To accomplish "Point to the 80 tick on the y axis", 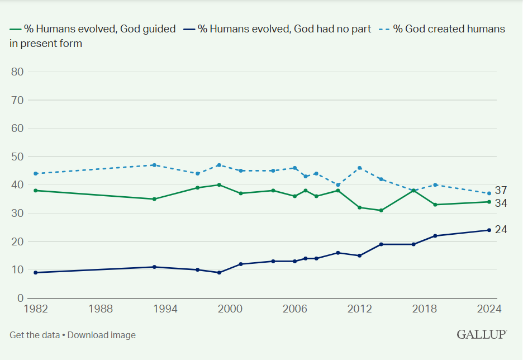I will pyautogui.click(x=17, y=72).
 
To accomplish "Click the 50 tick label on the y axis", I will pyautogui.click(x=17, y=157).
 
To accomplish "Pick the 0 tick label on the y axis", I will pyautogui.click(x=20, y=298).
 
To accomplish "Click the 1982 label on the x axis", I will pyautogui.click(x=35, y=309).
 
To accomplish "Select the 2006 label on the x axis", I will pyautogui.click(x=294, y=309).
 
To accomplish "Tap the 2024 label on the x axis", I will pyautogui.click(x=489, y=309).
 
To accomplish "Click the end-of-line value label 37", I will pyautogui.click(x=501, y=190).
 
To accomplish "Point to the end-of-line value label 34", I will pyautogui.click(x=501, y=203).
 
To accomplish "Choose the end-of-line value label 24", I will pyautogui.click(x=501, y=229).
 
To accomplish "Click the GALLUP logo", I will pyautogui.click(x=482, y=334).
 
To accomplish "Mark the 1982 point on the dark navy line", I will pyautogui.click(x=35, y=272).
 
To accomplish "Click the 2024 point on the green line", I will pyautogui.click(x=489, y=202).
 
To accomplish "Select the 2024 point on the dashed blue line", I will pyautogui.click(x=489, y=193).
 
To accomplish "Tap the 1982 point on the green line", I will pyautogui.click(x=35, y=191).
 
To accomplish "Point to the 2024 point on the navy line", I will pyautogui.click(x=489, y=230).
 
